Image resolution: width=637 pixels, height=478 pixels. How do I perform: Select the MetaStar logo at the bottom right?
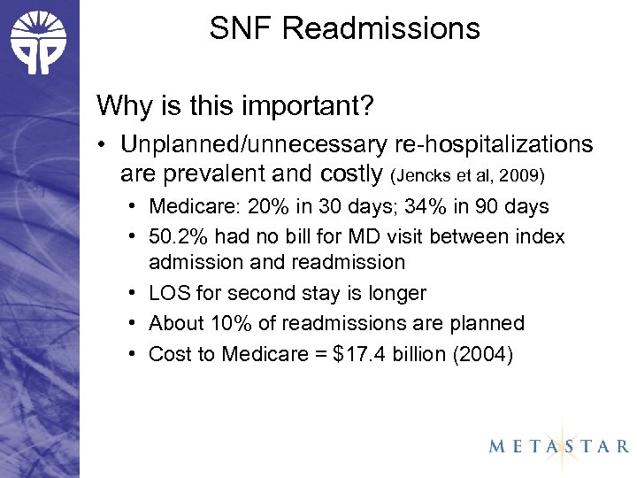(x=558, y=445)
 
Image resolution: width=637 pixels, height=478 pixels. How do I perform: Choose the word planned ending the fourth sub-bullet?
(x=491, y=323)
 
